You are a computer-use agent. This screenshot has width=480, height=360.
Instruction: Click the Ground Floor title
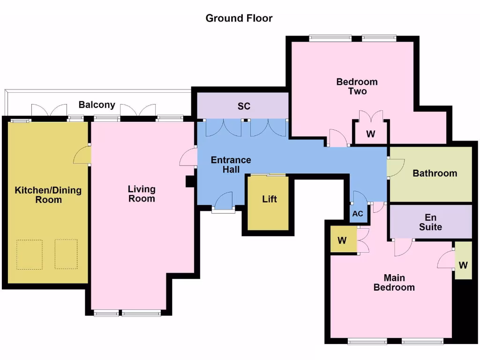239,18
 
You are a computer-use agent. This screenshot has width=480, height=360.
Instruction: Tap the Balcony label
97,105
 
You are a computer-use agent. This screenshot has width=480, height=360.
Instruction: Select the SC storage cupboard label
244,106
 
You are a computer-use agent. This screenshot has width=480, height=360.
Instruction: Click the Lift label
269,199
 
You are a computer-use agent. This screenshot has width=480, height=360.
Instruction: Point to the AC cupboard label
358,214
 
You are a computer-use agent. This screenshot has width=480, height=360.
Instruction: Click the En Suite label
430,222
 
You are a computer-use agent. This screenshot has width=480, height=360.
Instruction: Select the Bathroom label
435,173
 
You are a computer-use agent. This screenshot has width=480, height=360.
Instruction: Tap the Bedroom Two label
357,86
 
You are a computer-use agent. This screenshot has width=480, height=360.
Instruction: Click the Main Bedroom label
394,282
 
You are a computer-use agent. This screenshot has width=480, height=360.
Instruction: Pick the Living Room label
142,194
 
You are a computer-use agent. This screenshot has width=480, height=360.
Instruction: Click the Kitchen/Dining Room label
48,195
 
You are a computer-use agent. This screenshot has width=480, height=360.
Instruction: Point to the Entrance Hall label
231,165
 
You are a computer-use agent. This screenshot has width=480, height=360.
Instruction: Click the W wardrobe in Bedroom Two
371,134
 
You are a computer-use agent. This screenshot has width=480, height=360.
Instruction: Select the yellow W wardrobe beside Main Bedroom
342,240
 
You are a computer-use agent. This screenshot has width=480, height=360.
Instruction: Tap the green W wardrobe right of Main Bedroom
463,265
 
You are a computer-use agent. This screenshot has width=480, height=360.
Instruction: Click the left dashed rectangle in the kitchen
29,255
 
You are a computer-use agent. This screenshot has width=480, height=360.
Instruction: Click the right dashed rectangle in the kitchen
66,255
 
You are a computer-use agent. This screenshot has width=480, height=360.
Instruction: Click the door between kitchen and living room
82,155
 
